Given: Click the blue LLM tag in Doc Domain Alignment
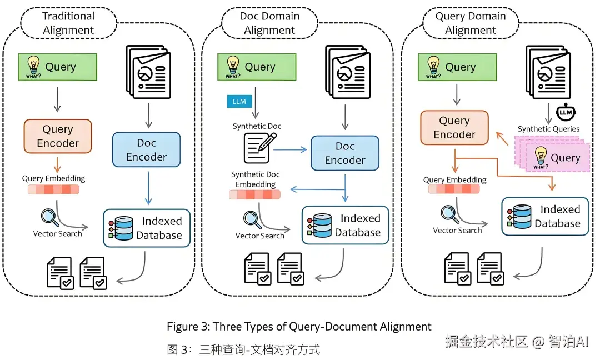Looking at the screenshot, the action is (239, 101).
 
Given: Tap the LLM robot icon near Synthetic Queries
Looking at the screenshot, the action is (566, 112).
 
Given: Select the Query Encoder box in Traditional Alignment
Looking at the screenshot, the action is (58, 136).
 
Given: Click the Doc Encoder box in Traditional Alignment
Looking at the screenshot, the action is (147, 149).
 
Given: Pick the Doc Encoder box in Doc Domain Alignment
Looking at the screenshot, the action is (345, 153).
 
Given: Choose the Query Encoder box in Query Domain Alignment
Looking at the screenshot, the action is (454, 128).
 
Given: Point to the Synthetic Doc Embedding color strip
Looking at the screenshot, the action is (254, 195).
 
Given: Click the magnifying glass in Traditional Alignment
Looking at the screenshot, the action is (50, 217).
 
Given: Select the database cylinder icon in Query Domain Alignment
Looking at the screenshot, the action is (519, 217).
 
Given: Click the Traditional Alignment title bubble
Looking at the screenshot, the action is (68, 23).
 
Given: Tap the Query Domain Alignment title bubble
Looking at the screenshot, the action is (471, 23).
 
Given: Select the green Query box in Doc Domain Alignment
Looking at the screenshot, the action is (257, 67).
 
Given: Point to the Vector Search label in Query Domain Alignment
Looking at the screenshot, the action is (457, 231).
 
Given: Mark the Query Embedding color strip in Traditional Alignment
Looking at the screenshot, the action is (53, 189).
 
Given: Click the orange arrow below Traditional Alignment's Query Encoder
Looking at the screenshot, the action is (57, 164).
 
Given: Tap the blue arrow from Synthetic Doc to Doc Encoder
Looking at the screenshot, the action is (290, 149).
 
